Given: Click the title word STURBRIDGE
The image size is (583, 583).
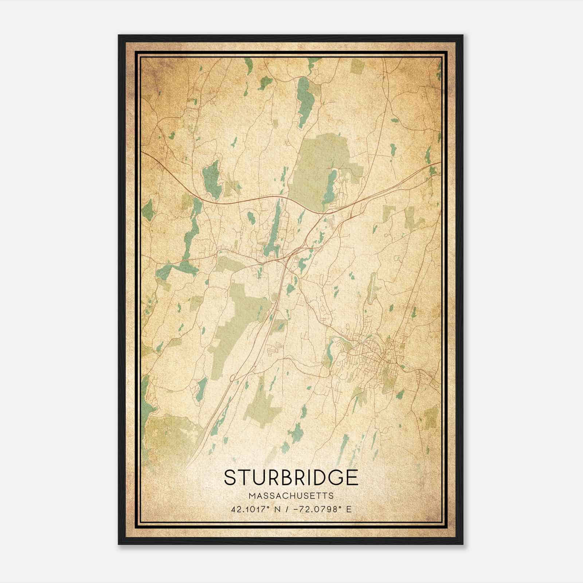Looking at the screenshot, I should point(291,477).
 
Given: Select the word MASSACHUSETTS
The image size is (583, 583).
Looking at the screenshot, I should point(291,496).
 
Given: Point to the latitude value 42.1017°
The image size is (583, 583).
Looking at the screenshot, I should point(249,509).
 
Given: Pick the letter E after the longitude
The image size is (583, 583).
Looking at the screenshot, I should point(349,509).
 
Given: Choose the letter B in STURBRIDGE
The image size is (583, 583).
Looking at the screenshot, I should point(279,477).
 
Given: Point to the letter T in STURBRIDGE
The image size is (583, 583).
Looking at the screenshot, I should point(244,477).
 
